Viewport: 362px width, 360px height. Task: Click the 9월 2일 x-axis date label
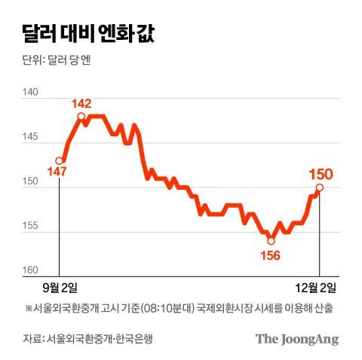point(60,288)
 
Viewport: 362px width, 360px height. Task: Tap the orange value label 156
point(269,255)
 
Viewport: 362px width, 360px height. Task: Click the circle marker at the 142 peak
point(81,116)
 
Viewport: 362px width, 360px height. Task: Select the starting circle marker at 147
point(60,160)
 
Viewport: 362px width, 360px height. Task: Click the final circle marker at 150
point(320,188)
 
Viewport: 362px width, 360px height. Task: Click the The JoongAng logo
point(296,339)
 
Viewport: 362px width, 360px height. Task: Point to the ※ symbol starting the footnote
point(29,308)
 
